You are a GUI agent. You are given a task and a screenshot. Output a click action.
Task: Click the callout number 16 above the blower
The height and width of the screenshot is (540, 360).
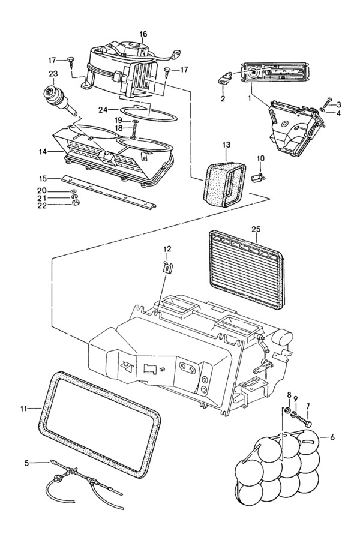[x=143, y=34]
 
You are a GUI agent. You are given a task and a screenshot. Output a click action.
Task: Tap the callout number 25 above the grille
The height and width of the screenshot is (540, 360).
[x=256, y=229]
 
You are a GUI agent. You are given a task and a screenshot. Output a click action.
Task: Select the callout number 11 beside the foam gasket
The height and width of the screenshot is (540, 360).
[x=23, y=409]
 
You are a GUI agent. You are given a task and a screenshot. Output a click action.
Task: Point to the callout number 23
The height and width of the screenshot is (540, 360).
[x=53, y=74]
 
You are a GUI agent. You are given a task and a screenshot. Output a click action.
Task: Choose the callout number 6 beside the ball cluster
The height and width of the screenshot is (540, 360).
[x=332, y=437]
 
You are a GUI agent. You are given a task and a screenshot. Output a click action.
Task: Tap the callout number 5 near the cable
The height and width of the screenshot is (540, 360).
[x=27, y=463]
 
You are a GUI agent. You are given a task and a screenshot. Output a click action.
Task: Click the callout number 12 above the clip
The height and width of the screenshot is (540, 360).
[x=167, y=248]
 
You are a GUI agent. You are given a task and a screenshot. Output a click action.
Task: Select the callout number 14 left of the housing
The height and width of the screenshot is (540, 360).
[x=43, y=151]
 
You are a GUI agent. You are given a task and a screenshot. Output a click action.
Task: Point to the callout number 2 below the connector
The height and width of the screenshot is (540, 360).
[x=223, y=99]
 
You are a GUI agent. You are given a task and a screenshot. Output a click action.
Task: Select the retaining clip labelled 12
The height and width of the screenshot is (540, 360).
[x=167, y=268]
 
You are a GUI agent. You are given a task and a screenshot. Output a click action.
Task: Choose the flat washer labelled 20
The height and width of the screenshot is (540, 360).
[x=74, y=191]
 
